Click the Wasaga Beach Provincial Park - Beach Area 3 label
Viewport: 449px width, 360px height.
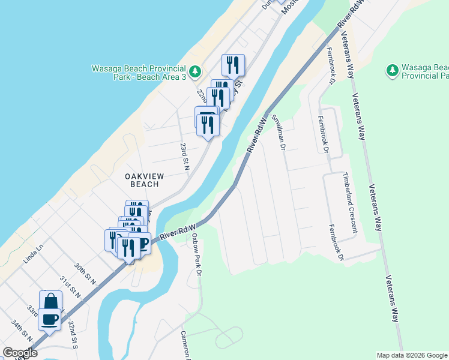pyautogui.click(x=137, y=73)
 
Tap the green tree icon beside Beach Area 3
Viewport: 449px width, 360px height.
pyautogui.click(x=194, y=72)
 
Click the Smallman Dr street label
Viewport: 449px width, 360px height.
pyautogui.click(x=277, y=132)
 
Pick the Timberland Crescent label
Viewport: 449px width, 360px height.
pyautogui.click(x=350, y=203)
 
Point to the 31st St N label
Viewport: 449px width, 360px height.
pyautogui.click(x=70, y=287)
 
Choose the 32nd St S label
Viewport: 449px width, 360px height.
pyautogui.click(x=73, y=332)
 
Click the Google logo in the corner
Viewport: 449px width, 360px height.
pyautogui.click(x=20, y=353)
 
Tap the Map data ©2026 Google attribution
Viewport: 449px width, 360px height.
pyautogui.click(x=412, y=355)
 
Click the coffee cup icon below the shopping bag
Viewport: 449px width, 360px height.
pyautogui.click(x=49, y=319)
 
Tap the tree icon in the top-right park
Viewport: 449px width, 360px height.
pyautogui.click(x=393, y=71)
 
